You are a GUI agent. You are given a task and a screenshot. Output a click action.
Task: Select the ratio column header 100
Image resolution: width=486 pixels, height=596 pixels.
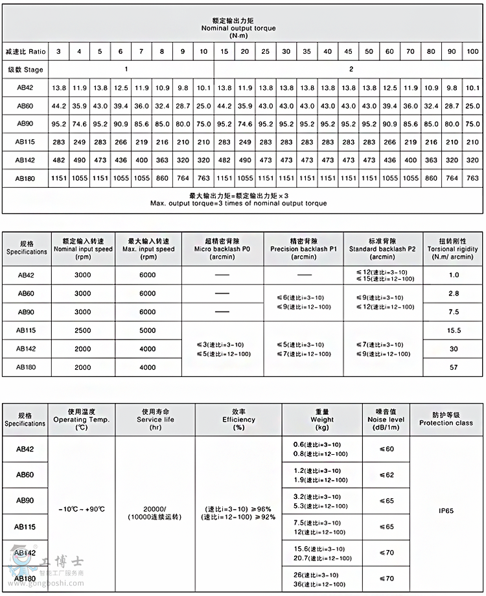pos(472,51)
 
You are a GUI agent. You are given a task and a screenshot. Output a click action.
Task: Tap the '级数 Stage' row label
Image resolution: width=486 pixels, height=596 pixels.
pos(25,69)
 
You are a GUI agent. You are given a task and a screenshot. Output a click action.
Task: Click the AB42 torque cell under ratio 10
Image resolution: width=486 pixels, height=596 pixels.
pos(203,87)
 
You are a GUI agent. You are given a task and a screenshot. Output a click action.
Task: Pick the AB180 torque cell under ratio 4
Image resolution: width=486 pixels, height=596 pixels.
pos(79,178)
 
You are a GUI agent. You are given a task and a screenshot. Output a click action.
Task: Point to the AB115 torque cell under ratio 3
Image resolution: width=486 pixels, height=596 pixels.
pos(59,142)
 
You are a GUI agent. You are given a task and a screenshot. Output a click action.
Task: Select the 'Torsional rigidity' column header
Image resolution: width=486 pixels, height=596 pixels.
pos(454,248)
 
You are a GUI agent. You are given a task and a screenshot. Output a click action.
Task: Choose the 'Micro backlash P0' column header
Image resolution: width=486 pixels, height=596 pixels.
pos(222,249)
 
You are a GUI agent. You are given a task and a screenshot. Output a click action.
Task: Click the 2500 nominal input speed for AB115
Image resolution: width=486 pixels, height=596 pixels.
pos(83,330)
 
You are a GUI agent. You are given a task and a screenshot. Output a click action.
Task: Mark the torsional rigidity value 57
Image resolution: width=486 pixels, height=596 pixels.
pos(454,367)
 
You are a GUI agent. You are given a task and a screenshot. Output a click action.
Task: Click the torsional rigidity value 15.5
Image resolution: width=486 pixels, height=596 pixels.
pos(454,330)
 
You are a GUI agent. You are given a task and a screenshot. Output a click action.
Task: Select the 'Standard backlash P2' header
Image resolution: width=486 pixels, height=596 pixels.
pos(382,249)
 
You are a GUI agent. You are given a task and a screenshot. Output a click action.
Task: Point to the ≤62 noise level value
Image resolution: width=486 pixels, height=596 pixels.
pos(386,475)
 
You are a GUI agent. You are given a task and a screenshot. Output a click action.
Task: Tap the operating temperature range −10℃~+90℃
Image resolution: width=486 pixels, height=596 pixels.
pos(81,509)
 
